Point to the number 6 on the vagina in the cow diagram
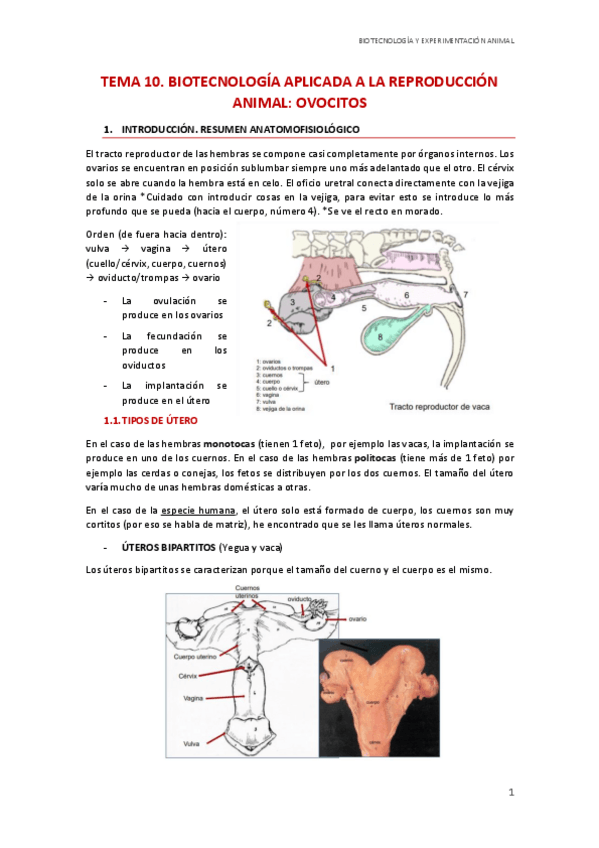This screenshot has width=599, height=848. coord(405,296)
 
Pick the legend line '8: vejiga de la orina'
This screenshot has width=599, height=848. coord(286,409)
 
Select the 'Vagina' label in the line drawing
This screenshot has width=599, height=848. coord(194,698)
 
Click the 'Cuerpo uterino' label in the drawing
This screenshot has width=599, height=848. coord(196,657)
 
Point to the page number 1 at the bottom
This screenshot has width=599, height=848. coord(510,793)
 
